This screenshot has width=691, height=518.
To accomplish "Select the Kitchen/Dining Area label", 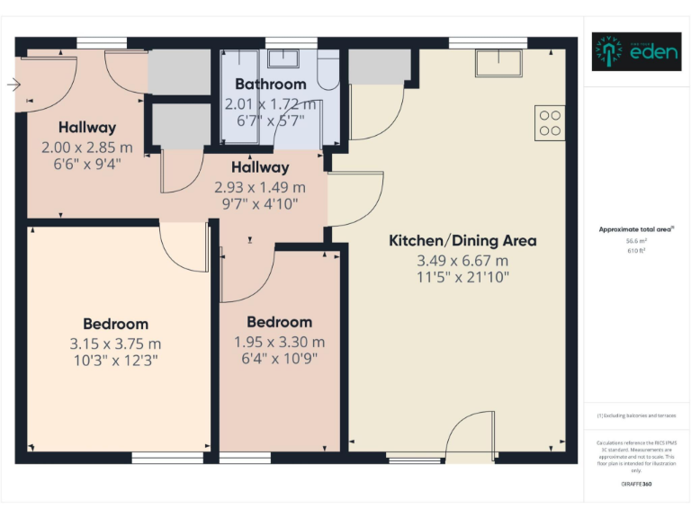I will tap(462, 240).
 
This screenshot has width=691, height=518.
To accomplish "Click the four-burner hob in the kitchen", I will tap(549, 122).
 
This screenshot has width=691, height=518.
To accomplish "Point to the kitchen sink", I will tap(500, 64).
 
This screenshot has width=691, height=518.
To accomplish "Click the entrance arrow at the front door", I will tap(13, 85).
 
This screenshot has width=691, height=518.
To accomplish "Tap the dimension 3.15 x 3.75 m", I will tap(115, 344).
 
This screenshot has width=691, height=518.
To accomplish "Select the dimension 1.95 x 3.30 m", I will tap(280, 342).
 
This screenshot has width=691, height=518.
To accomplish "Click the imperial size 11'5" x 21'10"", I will tap(462, 278).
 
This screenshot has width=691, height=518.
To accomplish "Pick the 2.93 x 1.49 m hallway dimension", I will tap(260, 187).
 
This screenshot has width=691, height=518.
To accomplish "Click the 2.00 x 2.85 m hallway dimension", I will tap(87, 147).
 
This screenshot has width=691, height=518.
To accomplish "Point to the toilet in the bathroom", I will tap(328, 72).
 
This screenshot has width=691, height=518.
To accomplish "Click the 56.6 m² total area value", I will tap(636, 241).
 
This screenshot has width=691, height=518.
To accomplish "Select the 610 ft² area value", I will tap(636, 251).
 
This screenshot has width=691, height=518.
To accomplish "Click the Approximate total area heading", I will tap(635, 229).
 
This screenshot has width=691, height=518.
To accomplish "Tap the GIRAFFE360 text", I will tap(636, 484).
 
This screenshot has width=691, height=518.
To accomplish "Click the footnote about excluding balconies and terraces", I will tap(636, 415).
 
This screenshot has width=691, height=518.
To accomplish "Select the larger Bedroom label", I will tap(115, 324).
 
